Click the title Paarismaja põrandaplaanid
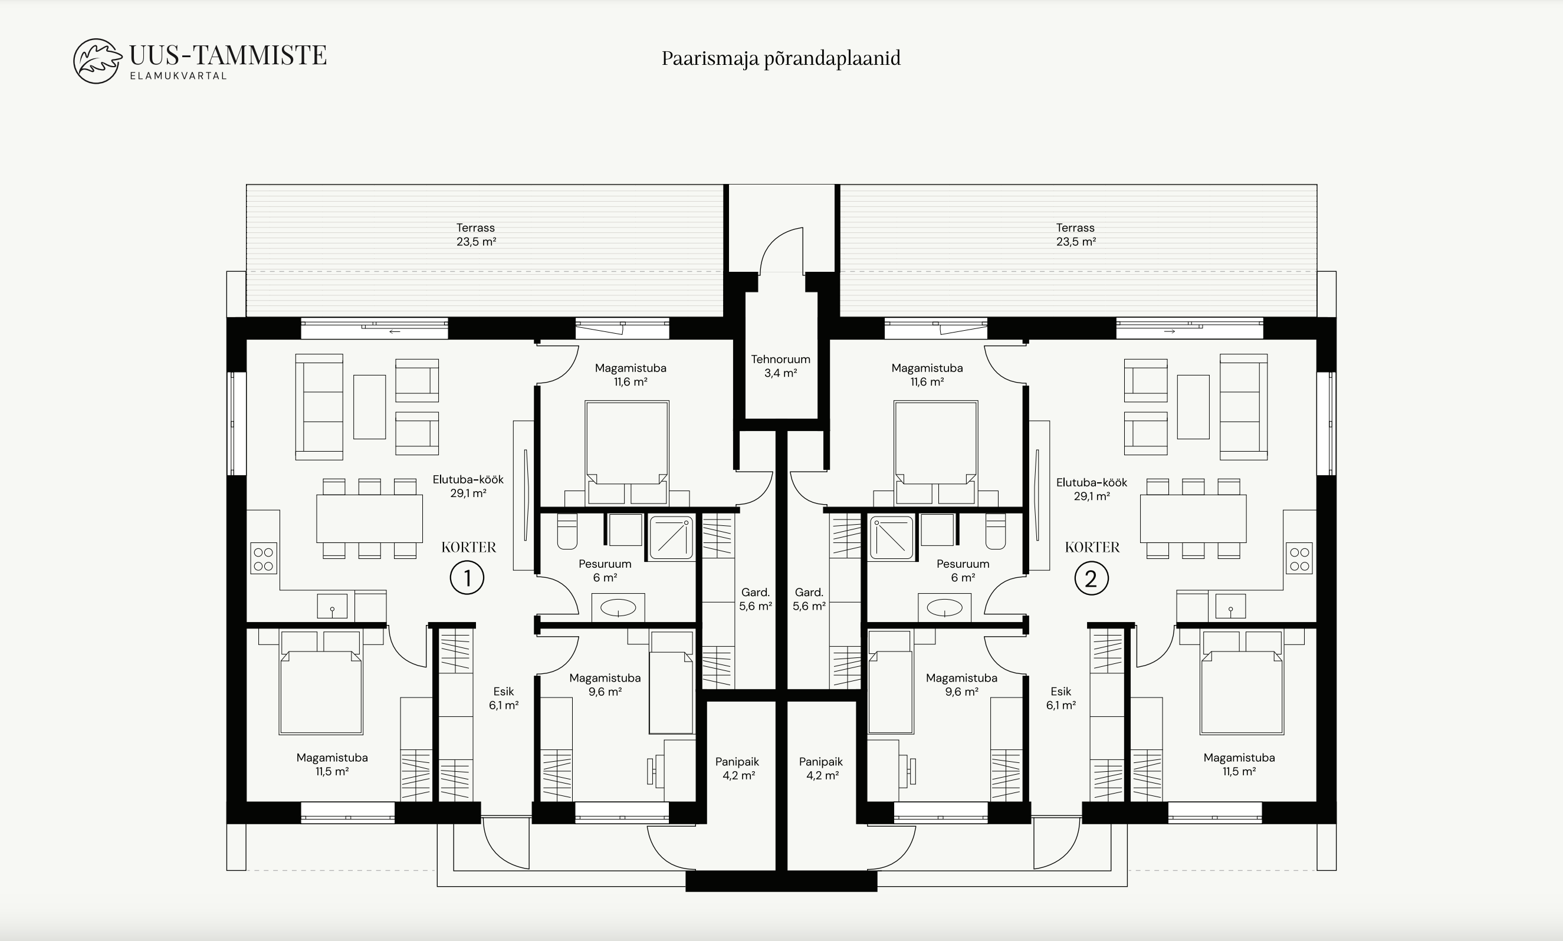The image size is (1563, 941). tap(781, 58)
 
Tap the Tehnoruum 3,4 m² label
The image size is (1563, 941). tap(780, 366)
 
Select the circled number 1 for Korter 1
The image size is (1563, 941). tap(467, 578)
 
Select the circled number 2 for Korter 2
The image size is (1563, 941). tap(1091, 578)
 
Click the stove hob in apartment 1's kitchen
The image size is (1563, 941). tap(263, 558)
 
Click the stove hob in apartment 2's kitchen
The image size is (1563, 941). tap(1299, 558)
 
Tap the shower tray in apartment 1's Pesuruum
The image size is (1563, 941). tap(671, 538)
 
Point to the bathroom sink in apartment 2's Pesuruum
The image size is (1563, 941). tap(944, 608)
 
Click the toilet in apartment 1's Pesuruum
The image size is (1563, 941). tap(567, 531)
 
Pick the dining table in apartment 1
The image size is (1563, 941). tap(369, 519)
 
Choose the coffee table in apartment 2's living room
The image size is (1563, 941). tap(1193, 406)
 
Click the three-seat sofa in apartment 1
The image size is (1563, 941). tap(319, 406)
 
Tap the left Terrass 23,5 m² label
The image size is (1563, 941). tap(476, 235)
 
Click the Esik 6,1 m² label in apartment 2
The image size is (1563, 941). tap(1060, 698)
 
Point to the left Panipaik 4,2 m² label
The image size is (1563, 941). tap(738, 768)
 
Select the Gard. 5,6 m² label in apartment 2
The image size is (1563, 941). tap(809, 599)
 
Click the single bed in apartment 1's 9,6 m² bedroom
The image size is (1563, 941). tap(671, 682)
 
